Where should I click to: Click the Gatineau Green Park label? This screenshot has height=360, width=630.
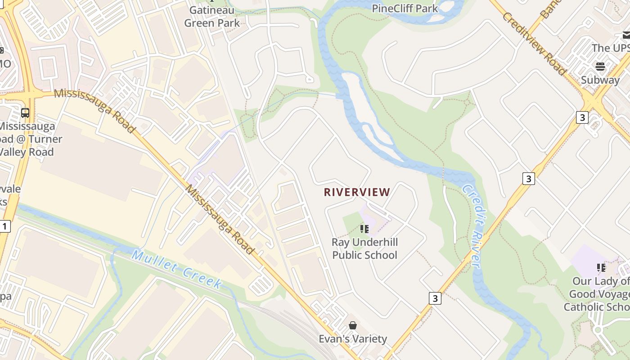coord(212,16)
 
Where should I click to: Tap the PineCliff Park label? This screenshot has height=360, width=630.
coord(405,8)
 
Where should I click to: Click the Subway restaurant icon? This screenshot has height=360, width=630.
coord(600,67)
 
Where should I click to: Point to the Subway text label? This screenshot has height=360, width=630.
coord(600,80)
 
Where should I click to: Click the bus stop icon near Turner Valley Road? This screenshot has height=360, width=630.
coord(25,112)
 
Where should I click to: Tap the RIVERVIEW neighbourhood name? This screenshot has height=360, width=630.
coord(357,192)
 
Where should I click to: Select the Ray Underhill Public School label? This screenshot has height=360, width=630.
coord(364,249)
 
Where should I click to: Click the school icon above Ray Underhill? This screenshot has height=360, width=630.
coord(364,229)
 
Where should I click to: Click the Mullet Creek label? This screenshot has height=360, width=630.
coord(177,269)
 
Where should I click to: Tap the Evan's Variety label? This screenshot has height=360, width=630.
coord(353,339)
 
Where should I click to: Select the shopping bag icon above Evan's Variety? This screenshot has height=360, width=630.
coord(353,325)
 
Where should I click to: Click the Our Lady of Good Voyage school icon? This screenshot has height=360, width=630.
coord(601,268)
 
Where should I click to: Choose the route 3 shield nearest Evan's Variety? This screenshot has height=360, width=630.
coord(435,298)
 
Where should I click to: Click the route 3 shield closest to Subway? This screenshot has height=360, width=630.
coord(582,117)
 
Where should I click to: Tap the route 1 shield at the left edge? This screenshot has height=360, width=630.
coord(4,226)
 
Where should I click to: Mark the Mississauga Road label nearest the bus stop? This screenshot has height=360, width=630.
coord(95,111)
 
